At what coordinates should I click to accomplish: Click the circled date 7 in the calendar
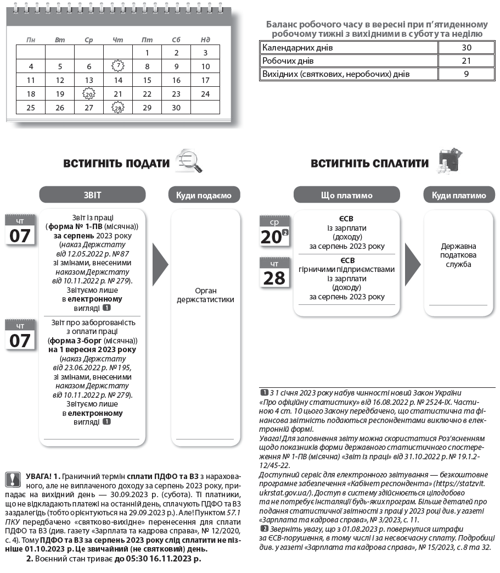(x=117, y=66)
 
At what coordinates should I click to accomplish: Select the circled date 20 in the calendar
(x=89, y=94)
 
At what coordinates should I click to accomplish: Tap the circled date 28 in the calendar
(x=117, y=108)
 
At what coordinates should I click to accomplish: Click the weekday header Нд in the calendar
(x=205, y=40)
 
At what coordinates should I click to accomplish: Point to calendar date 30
(x=176, y=108)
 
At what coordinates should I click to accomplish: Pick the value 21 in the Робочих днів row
(x=467, y=60)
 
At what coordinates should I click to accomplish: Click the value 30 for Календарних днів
(x=467, y=47)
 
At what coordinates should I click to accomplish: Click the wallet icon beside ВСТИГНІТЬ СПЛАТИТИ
(x=449, y=160)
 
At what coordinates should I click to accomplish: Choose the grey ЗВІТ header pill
(x=92, y=194)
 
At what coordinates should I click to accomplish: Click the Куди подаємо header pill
(x=204, y=195)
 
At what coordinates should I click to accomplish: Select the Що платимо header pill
(x=346, y=195)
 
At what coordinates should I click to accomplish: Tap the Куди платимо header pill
(x=459, y=195)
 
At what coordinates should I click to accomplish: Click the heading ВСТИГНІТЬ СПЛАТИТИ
(x=369, y=163)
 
